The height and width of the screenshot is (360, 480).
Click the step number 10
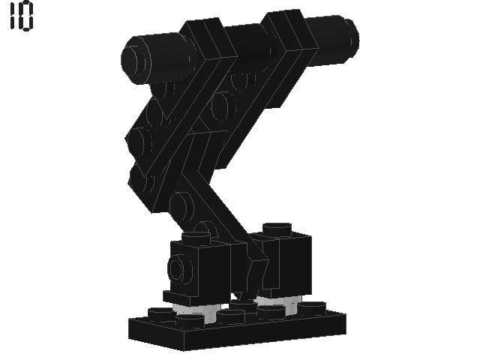click(x=22, y=16)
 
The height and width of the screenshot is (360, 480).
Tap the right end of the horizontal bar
click(x=351, y=38)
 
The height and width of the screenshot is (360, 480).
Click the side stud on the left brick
click(x=179, y=268)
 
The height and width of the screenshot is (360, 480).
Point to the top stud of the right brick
click(x=277, y=228)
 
